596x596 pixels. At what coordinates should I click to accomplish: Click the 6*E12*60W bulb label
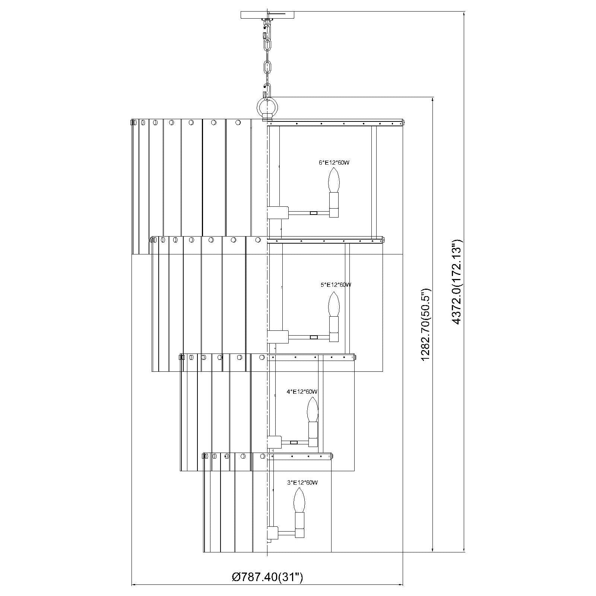[x=334, y=163]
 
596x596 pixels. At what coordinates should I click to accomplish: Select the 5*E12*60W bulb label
[x=336, y=285]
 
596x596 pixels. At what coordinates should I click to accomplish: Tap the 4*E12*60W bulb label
[x=302, y=391]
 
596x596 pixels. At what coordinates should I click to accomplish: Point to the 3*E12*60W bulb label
[x=302, y=483]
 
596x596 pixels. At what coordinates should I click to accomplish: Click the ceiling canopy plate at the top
[x=267, y=15]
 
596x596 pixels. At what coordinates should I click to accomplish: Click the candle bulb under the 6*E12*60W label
[x=334, y=180]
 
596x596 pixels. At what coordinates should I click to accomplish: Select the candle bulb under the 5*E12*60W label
[x=334, y=304]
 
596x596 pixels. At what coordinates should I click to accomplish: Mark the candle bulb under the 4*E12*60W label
[x=312, y=410]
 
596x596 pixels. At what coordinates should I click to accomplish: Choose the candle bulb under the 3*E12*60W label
[x=299, y=500]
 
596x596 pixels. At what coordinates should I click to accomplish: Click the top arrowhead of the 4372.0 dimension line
[x=464, y=14]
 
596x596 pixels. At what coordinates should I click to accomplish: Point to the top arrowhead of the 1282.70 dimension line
[x=432, y=101]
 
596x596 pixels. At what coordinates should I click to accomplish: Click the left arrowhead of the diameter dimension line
[x=136, y=585]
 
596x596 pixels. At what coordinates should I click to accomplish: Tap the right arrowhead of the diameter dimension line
[x=399, y=585]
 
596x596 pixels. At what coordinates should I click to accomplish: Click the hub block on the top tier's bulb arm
[x=278, y=213]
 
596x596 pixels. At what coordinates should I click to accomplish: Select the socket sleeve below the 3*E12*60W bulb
[x=299, y=525]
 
